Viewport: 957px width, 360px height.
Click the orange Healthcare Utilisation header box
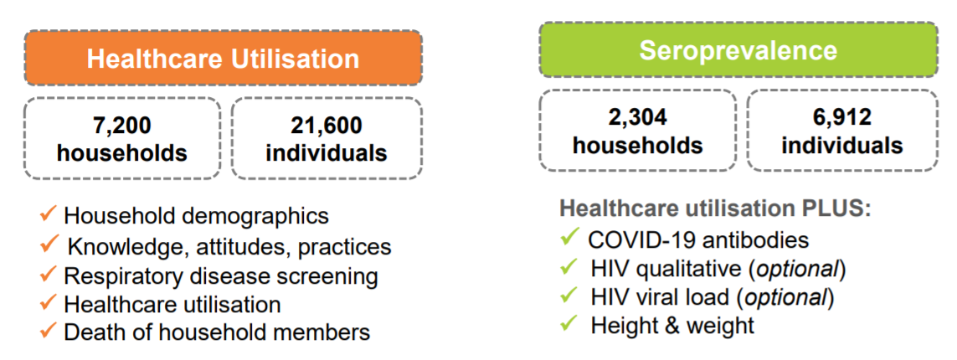223,59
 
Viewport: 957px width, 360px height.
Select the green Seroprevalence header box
738,50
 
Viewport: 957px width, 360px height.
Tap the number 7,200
122,126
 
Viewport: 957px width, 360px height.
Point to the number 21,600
326,126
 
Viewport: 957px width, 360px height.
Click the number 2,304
638,118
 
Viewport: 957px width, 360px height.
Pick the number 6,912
842,118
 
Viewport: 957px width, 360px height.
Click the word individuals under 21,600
326,152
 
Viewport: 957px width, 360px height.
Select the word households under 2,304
638,145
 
